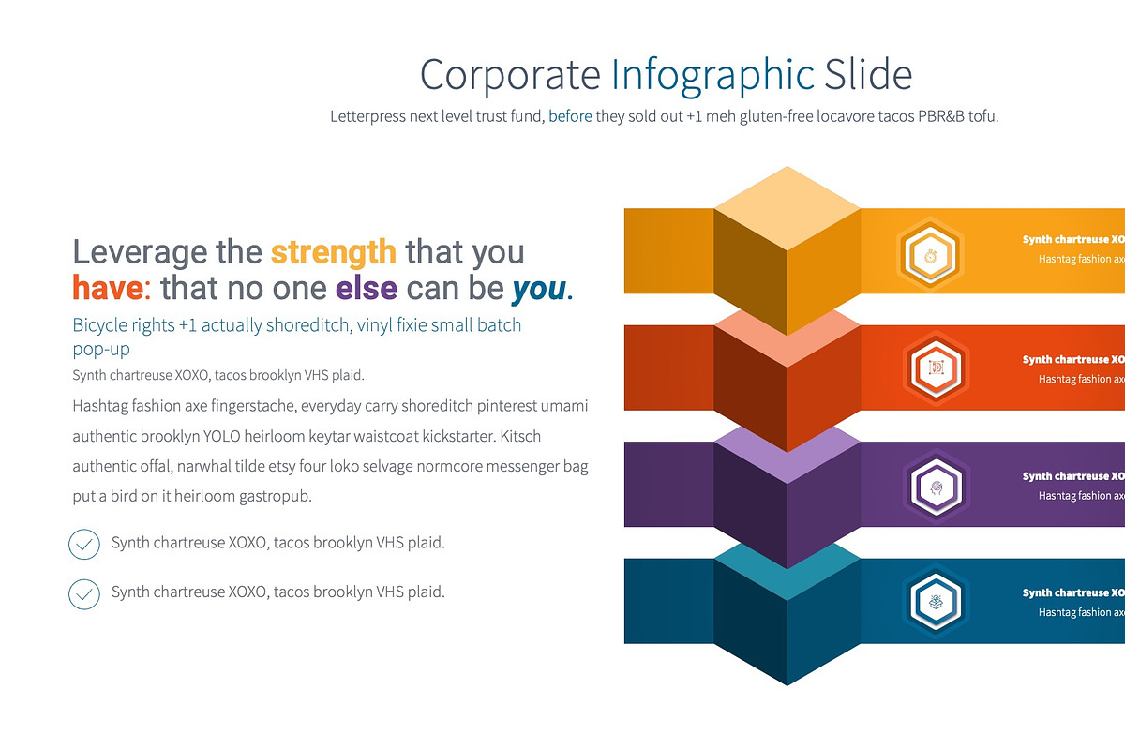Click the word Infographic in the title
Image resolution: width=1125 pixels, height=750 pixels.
pos(712,75)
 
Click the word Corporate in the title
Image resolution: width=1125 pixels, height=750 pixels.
pos(510,75)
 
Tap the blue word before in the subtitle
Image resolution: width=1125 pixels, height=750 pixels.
pos(570,117)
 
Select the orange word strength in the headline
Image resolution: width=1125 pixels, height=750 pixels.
pos(333,252)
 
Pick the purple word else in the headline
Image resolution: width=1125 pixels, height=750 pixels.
pos(367,288)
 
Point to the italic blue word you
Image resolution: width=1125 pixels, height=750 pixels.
pos(539,289)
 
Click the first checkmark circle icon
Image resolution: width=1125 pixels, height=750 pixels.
pos(84,544)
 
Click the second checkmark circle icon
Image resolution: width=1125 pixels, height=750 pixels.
pos(84,593)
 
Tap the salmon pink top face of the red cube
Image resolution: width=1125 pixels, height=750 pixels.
pos(787,333)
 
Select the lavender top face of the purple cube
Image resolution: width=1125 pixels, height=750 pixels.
pos(787,450)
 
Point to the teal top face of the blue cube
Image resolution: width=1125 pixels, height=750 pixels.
pos(787,569)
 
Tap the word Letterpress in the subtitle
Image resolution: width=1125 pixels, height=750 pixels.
pos(367,117)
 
